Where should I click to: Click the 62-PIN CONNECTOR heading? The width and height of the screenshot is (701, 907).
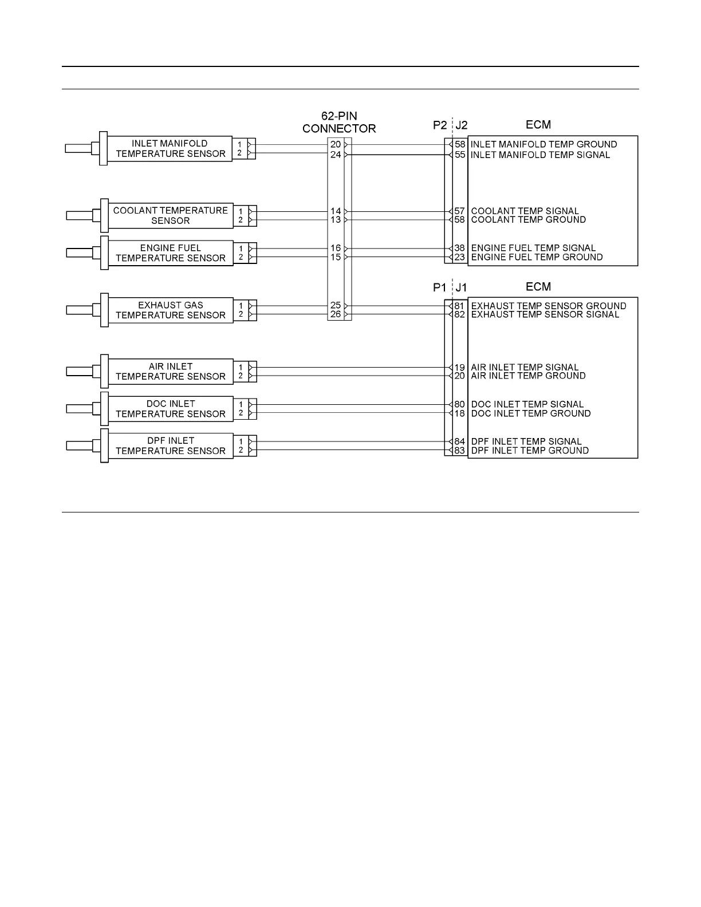tap(339, 123)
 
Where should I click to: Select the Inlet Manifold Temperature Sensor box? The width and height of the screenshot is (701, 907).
tap(170, 149)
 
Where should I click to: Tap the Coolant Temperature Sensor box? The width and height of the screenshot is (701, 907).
tap(170, 216)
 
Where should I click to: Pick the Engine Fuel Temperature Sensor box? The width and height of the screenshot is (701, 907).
tap(170, 253)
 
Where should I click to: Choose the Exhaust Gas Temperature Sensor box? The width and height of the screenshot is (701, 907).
tap(170, 310)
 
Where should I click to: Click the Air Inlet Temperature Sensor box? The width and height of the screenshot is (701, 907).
tap(170, 372)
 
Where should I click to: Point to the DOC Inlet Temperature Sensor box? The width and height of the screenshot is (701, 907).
tap(170, 409)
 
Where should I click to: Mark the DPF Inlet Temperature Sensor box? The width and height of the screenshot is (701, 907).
tap(170, 446)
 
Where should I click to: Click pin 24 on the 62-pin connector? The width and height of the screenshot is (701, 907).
tap(336, 155)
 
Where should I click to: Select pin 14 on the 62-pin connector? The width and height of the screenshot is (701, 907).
tap(336, 211)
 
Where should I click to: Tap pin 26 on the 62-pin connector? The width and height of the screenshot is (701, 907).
tap(336, 314)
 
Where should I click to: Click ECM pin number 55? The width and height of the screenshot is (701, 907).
tap(460, 155)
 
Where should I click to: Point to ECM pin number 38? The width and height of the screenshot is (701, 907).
tap(460, 248)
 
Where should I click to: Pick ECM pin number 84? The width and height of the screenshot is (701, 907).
tap(460, 441)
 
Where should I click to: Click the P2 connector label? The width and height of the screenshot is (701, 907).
tap(439, 125)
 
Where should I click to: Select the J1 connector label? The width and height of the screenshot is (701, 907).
tap(461, 287)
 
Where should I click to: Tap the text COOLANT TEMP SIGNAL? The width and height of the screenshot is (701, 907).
tap(525, 211)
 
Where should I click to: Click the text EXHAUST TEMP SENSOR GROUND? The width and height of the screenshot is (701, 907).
tap(548, 306)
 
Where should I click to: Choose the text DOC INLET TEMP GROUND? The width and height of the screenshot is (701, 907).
tap(530, 413)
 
